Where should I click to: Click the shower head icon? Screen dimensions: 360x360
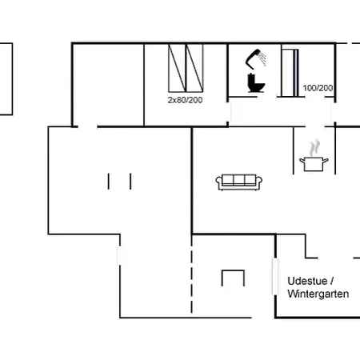tap(254, 58)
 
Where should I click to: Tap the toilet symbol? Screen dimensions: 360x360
tap(256, 83)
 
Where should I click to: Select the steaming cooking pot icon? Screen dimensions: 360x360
tap(314, 155)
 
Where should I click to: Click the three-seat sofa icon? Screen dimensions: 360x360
tap(239, 182)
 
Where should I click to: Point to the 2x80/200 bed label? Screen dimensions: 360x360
tap(185, 100)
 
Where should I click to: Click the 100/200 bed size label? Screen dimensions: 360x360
tap(318, 88)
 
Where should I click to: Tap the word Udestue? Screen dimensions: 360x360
tap(307, 281)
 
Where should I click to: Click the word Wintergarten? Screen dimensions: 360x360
tap(318, 294)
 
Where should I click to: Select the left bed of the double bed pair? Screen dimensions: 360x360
tap(177, 68)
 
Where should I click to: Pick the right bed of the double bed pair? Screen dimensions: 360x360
tap(194, 68)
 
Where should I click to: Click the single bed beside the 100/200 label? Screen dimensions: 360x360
tap(290, 73)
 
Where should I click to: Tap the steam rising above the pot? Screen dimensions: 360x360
tap(314, 147)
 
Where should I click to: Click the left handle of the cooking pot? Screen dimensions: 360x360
tap(302, 161)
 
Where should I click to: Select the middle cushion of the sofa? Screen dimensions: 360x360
tap(239, 180)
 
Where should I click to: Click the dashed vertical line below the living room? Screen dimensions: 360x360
tap(191, 274)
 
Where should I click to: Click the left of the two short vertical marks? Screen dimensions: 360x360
tap(109, 182)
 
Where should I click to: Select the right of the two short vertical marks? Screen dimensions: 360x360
tap(130, 182)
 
